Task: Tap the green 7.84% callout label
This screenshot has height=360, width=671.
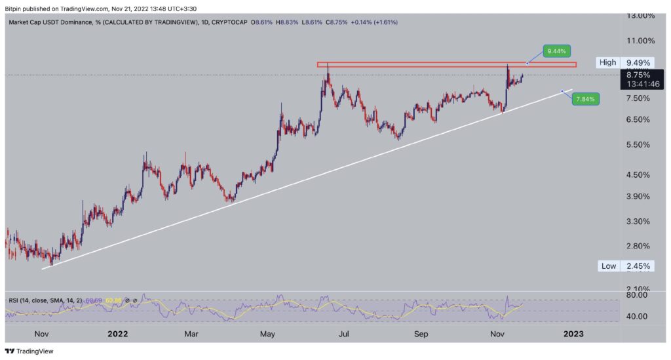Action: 585,99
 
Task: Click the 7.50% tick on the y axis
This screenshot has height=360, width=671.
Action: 638,98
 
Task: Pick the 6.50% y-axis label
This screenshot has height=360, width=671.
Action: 638,119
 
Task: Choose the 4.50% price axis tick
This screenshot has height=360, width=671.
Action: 638,175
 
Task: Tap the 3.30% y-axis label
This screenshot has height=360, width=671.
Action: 638,222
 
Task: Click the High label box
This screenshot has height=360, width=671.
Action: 607,63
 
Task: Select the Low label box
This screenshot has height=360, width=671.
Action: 608,266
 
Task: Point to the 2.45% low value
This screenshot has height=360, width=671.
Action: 638,266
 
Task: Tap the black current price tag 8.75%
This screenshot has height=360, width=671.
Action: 640,75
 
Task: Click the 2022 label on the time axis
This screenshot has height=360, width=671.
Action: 118,334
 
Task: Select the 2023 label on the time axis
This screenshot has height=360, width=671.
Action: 573,334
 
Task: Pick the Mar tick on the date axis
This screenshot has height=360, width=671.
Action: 191,334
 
